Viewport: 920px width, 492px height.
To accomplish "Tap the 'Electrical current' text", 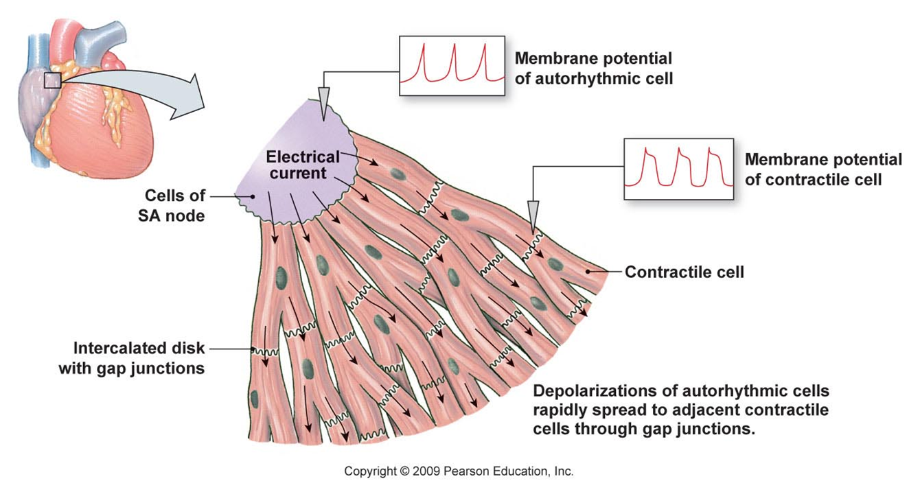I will click(303, 165).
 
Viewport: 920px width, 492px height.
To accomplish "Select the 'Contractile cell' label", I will click(684, 272).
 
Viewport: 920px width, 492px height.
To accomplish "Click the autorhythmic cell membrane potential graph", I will click(452, 65).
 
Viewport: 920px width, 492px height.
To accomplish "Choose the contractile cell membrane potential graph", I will click(678, 168).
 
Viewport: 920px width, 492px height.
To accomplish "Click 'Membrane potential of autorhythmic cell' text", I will click(594, 68).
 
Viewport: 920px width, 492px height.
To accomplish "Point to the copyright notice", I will click(458, 471).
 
